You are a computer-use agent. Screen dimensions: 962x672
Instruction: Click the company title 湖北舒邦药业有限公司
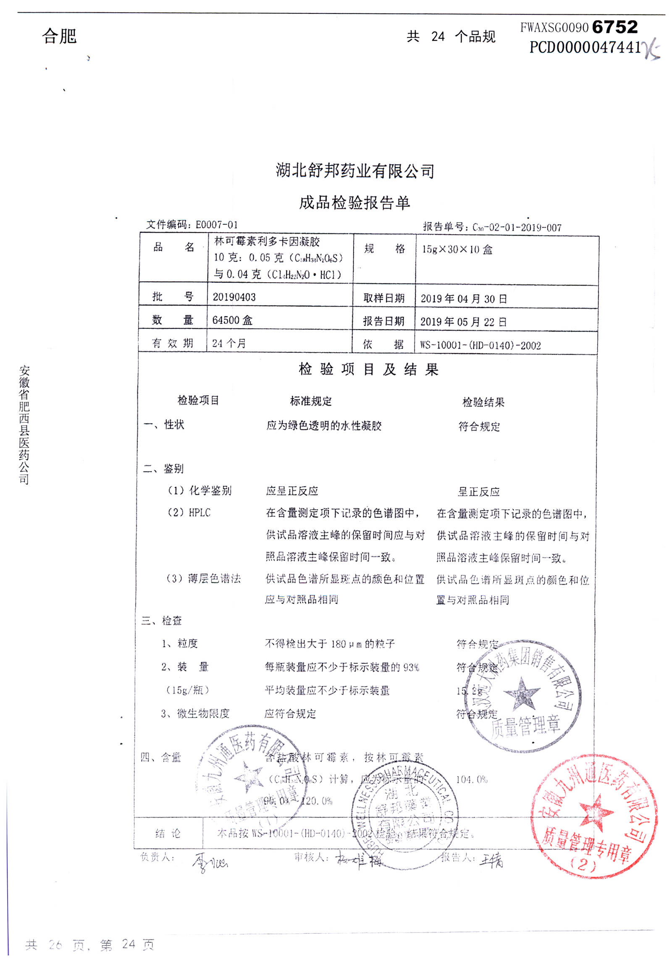(x=355, y=171)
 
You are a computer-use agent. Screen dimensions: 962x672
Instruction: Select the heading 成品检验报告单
(x=354, y=203)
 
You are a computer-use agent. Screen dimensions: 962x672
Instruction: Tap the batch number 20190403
(x=234, y=297)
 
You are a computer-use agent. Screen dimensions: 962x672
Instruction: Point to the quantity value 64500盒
(x=232, y=320)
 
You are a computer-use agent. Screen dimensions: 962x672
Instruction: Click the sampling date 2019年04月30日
(x=464, y=299)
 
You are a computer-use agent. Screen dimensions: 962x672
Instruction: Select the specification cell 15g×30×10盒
(x=457, y=250)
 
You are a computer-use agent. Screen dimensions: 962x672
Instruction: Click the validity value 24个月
(x=229, y=343)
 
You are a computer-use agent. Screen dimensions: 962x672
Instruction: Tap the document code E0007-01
(x=217, y=225)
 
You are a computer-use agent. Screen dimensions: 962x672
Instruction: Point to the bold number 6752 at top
(x=615, y=27)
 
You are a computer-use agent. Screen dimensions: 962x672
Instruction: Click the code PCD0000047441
(x=585, y=47)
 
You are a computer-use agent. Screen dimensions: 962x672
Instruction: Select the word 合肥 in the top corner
(x=59, y=36)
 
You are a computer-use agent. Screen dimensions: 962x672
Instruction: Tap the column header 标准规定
(x=311, y=401)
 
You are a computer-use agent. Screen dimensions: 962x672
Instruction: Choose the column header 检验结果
(x=483, y=402)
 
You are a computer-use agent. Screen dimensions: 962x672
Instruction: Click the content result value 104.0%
(x=472, y=780)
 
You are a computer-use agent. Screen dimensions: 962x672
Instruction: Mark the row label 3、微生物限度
(x=195, y=713)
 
